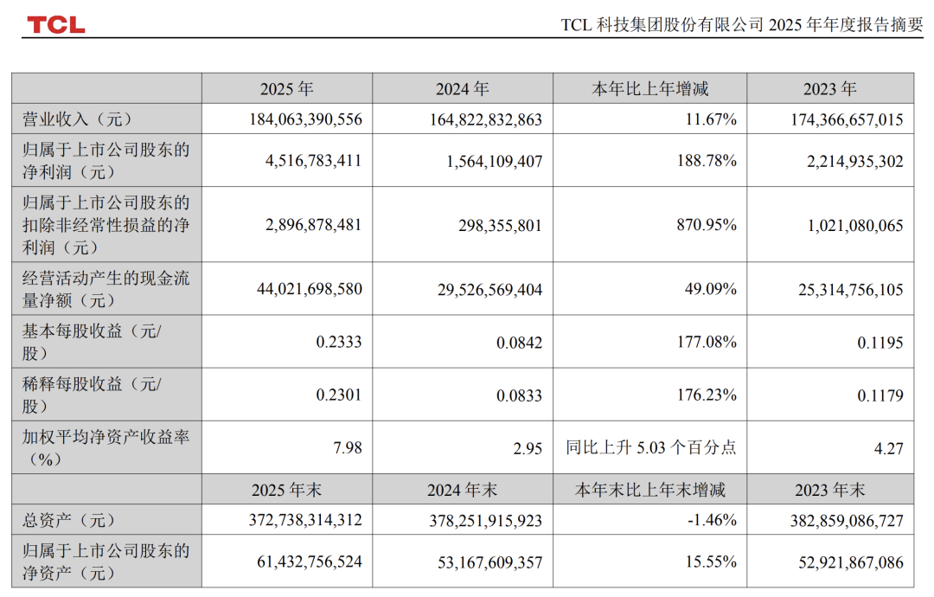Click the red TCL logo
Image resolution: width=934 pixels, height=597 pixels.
(55, 24)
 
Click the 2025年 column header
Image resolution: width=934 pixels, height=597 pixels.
(286, 89)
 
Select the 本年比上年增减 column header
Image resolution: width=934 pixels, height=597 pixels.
(649, 89)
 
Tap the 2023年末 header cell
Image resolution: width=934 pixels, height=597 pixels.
(829, 490)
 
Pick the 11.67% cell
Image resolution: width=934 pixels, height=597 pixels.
(711, 120)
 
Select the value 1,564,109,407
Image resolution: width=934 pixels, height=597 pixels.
(489, 161)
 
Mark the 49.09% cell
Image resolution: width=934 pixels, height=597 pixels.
(711, 290)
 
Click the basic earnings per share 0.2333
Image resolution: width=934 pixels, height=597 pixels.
(340, 343)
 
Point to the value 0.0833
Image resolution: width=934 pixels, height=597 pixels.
(520, 395)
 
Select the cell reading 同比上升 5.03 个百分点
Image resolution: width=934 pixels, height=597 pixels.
(651, 448)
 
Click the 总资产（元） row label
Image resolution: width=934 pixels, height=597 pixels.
(68, 521)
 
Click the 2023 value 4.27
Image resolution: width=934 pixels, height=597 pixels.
(888, 448)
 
